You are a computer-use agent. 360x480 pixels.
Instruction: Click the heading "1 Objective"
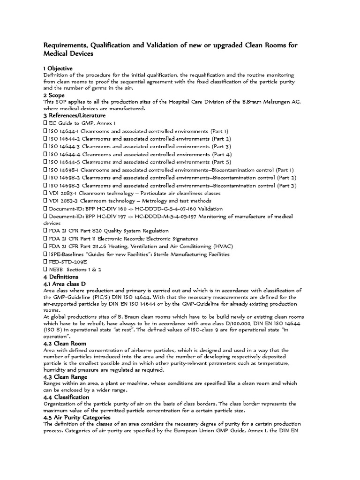[x=58, y=68]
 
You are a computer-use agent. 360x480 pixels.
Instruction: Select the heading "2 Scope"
[x=54, y=96]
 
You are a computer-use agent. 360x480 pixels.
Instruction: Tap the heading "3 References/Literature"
[x=75, y=115]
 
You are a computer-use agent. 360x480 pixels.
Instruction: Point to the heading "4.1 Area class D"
[x=64, y=284]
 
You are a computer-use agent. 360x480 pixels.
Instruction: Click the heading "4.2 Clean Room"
[x=63, y=343]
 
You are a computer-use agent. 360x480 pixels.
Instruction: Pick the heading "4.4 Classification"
[x=66, y=397]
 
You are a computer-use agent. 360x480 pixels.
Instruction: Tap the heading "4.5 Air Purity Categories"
[x=77, y=417]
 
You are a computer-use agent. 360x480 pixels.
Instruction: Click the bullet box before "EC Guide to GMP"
[x=45, y=123]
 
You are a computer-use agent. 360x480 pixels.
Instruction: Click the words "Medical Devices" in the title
[x=68, y=54]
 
